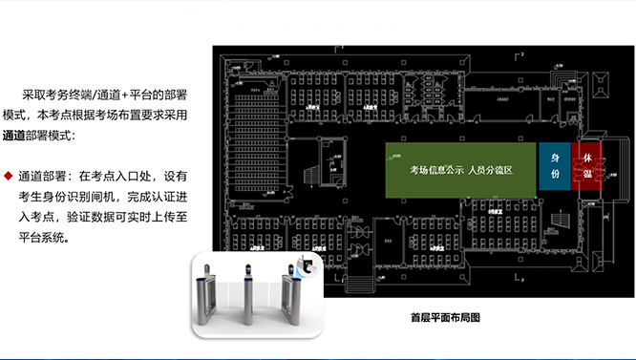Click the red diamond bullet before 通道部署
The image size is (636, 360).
point(8,177)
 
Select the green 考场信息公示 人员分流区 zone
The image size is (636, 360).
point(460,170)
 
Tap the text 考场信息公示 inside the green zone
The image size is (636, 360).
point(436,170)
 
